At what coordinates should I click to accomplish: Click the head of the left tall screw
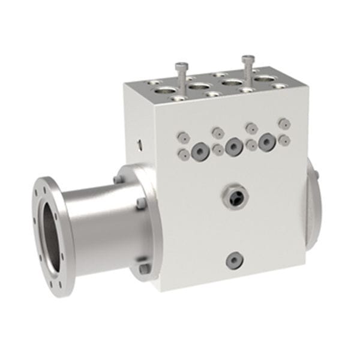coord(180,67)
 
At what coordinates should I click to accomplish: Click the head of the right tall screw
coord(247,59)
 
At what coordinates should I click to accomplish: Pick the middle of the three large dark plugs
coord(233,144)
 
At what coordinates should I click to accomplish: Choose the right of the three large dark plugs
coord(266,141)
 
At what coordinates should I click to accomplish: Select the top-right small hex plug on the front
coord(283,123)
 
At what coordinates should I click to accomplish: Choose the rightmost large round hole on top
coord(263,79)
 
